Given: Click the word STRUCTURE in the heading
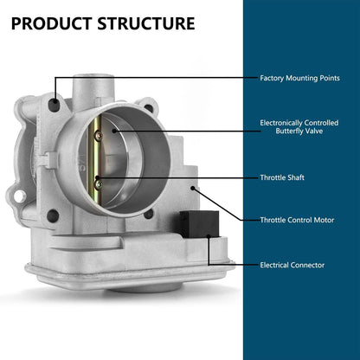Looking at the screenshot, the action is (146, 23).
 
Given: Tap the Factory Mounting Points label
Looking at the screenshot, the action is (299, 78).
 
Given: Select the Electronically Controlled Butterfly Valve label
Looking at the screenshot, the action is (299, 127).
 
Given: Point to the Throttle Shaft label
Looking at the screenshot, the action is (282, 177).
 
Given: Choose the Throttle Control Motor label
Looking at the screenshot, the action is (297, 220).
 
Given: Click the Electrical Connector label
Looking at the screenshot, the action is (292, 265).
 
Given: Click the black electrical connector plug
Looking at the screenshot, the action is (199, 224).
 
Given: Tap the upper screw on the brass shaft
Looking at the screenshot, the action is (99, 135).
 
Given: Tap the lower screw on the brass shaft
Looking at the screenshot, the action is (99, 183).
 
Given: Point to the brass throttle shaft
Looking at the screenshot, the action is (95, 158).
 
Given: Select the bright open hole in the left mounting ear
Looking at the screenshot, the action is (20, 196).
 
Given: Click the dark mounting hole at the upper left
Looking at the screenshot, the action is (54, 105).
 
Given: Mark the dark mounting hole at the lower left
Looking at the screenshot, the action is (53, 216).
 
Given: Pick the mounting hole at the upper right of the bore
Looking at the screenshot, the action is (149, 108).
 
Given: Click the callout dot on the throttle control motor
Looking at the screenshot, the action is (193, 188).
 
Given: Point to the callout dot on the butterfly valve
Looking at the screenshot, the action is (114, 131).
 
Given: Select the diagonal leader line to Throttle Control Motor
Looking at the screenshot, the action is (217, 204).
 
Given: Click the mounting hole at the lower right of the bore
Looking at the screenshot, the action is (148, 214).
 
